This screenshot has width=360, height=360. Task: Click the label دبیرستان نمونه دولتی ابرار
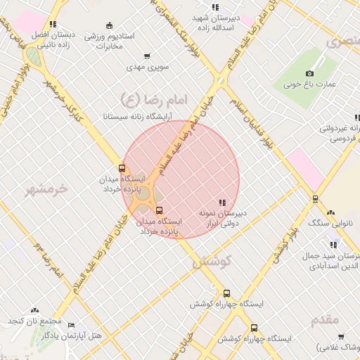pos(222,217)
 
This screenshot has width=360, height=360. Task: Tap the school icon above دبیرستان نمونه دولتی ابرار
pos(222,202)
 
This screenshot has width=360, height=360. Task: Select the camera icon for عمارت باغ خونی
pos(310,73)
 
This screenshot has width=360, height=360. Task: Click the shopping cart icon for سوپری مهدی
pos(146,56)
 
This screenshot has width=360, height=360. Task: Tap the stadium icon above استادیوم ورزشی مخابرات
pos(108,25)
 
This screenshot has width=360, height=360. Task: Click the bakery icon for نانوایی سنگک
pos(330,212)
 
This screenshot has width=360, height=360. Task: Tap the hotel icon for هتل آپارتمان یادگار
pos(71,325)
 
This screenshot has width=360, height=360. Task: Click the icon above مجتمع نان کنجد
pos(35,310)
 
